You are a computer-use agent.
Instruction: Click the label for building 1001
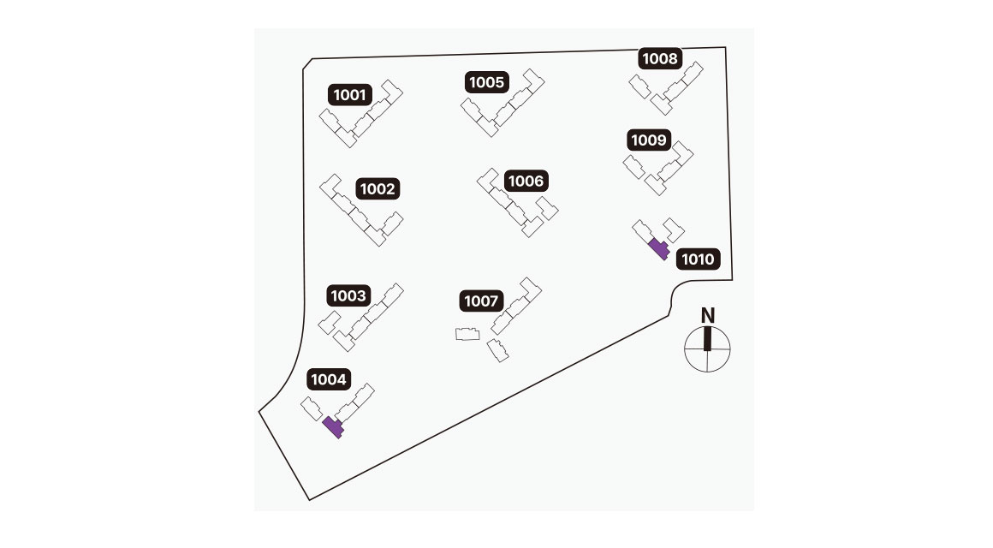point(351,94)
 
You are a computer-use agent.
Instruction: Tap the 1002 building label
point(378,189)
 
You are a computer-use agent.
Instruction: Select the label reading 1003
point(348,296)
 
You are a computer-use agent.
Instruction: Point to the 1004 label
point(329,379)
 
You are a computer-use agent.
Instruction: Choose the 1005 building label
point(488,83)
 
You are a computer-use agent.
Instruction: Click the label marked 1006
point(526,181)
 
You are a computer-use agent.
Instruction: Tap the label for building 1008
point(660,59)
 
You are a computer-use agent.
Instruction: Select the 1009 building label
point(649,140)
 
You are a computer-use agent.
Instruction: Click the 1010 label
point(699,259)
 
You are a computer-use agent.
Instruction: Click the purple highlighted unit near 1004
point(333,426)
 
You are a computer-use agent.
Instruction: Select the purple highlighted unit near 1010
point(658,249)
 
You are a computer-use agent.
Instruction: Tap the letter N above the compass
point(708,315)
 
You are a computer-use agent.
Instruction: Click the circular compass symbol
point(708,349)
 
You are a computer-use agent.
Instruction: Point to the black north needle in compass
point(708,339)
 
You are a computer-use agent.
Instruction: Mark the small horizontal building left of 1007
point(467,334)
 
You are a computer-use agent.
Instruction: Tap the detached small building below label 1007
point(497,350)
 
